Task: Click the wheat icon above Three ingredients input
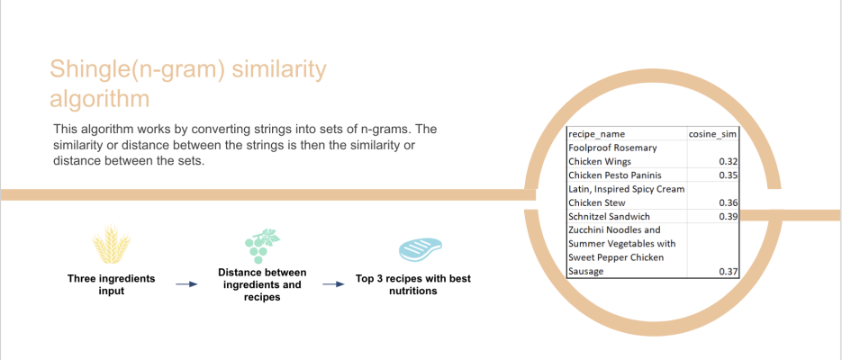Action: [x=112, y=245]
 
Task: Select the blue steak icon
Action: [x=420, y=249]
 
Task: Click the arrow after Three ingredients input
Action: [x=187, y=284]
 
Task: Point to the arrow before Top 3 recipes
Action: [x=333, y=284]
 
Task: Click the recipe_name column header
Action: [x=596, y=134]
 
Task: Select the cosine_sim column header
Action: [x=712, y=134]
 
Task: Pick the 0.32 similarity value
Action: [x=728, y=162]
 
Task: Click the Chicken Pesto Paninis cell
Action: [x=615, y=175]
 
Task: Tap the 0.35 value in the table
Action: [x=728, y=175]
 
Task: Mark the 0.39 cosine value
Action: [x=728, y=217]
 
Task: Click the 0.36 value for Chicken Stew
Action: [x=728, y=203]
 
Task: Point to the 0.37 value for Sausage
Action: [x=728, y=272]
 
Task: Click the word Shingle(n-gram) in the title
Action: [x=136, y=71]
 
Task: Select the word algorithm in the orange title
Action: [x=99, y=100]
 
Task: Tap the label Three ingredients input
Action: [x=111, y=284]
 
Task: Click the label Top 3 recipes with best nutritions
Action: [x=413, y=285]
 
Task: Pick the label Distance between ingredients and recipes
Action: [x=262, y=285]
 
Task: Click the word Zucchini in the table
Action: [x=586, y=230]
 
